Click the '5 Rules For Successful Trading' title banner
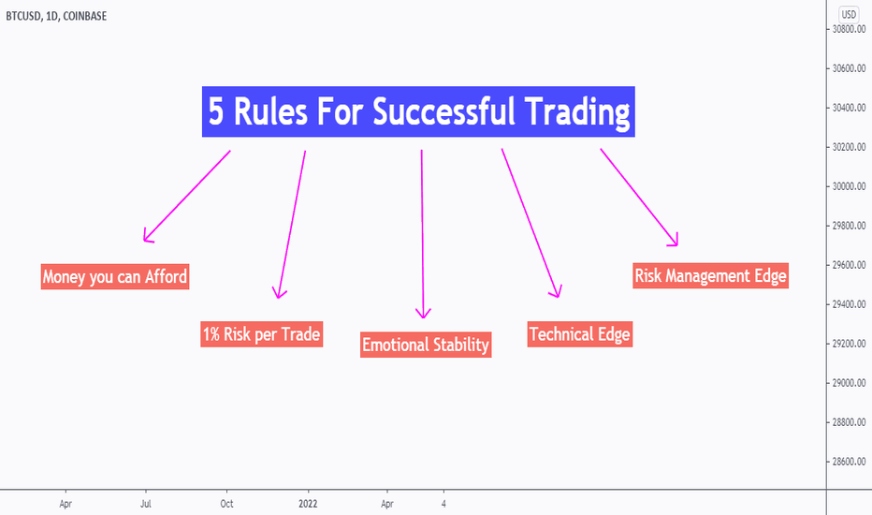(x=418, y=111)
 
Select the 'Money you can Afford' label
(x=115, y=277)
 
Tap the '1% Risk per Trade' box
(x=261, y=334)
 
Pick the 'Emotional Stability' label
(x=426, y=345)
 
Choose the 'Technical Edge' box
(x=579, y=334)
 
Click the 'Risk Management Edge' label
(x=710, y=275)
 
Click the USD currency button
(x=849, y=14)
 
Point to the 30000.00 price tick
(x=849, y=186)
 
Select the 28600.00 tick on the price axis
(x=849, y=462)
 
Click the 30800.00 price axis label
(x=849, y=29)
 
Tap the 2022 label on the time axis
(x=308, y=504)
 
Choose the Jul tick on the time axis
(x=146, y=504)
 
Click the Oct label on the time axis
(x=227, y=504)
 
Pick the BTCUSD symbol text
(x=23, y=16)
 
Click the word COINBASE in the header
(x=84, y=16)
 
